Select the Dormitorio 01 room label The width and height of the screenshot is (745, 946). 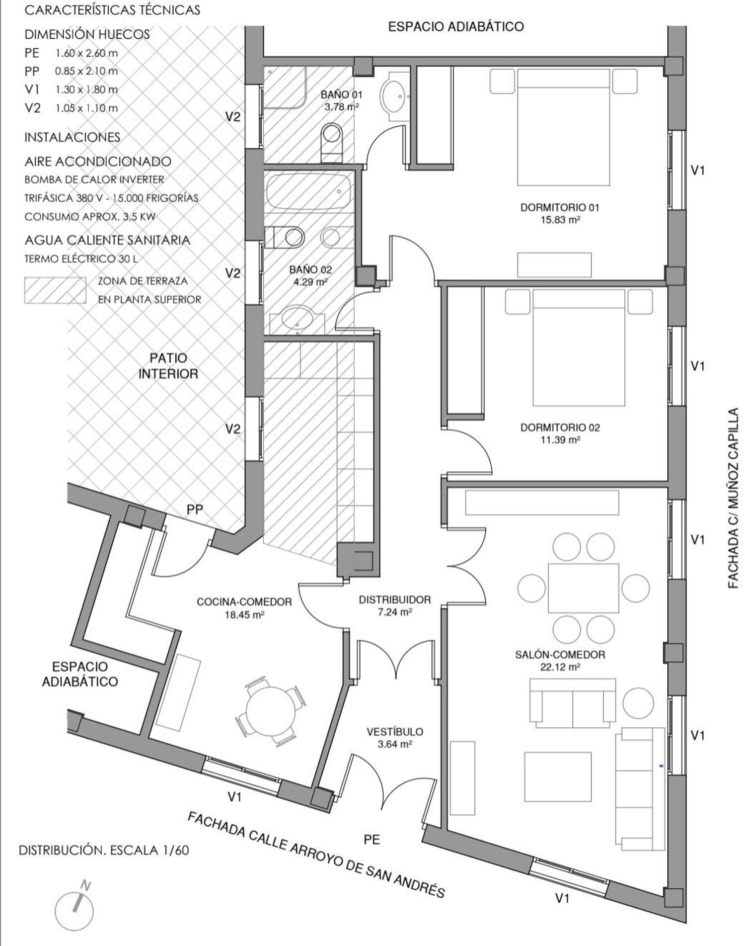tap(560, 207)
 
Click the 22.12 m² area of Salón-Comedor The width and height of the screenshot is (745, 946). tap(560, 667)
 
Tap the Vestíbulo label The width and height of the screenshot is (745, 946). tap(395, 732)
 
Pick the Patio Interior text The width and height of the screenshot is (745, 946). tap(168, 366)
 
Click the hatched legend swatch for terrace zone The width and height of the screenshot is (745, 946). tap(55, 290)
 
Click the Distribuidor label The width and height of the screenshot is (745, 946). tap(395, 600)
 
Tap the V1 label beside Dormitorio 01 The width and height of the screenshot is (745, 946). tap(698, 171)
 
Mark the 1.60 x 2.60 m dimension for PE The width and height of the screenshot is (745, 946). tap(86, 53)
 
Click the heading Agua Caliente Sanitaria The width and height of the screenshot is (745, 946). tap(107, 240)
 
